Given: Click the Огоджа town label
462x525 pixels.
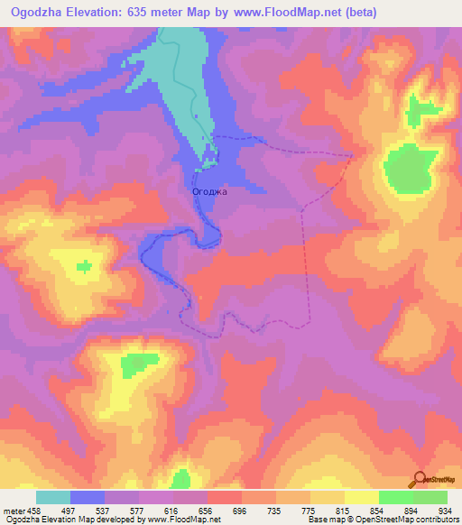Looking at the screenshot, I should click(210, 191).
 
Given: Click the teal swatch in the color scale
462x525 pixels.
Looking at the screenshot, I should click(53, 497).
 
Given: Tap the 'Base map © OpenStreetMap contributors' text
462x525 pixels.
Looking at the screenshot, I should click(381, 520).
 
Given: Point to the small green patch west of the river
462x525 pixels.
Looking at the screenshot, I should click(84, 265).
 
